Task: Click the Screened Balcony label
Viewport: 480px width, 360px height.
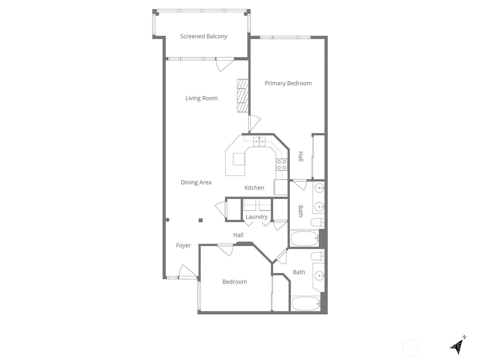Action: [x=203, y=36]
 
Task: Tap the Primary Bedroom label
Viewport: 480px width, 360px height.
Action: [x=288, y=83]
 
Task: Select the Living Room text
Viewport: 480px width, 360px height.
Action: [x=201, y=98]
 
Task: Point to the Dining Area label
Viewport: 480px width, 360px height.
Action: [x=196, y=182]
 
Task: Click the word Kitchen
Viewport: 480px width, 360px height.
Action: [x=254, y=188]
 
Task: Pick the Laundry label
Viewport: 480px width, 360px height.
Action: [x=256, y=217]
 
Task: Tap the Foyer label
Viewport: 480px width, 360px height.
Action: [x=183, y=245]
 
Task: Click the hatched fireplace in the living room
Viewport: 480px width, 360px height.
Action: [x=242, y=95]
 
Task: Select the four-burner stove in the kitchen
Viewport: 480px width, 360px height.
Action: [x=282, y=165]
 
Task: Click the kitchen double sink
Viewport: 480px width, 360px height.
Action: [x=259, y=141]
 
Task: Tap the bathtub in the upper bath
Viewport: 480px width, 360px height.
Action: [x=304, y=239]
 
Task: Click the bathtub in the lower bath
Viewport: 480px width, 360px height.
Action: [x=305, y=304]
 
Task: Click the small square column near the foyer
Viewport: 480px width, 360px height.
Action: [x=201, y=220]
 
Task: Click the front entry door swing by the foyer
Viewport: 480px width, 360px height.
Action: [x=187, y=272]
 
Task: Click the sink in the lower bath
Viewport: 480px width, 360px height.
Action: [x=319, y=275]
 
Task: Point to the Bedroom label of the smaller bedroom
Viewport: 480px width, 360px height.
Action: [x=235, y=282]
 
